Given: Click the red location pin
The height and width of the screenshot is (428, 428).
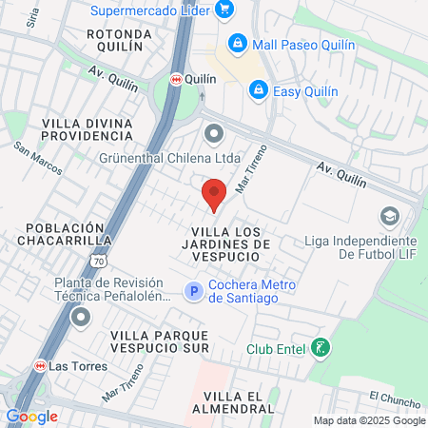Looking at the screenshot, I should pos(214,195).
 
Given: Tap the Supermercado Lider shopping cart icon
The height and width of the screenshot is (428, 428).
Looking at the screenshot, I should pos(224,10).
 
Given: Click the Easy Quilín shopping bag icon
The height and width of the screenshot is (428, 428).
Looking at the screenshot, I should pos(257,89).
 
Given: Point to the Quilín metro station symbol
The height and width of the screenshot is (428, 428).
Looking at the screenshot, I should pos(176,81).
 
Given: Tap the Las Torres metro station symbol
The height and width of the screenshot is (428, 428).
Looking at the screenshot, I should pos(41,366).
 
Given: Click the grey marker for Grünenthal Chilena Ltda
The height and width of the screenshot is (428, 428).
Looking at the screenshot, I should pos(213,134).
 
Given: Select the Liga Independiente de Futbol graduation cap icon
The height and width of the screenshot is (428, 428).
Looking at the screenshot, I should pos(388,217).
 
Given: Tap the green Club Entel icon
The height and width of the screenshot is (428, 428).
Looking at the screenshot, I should pos(321,348).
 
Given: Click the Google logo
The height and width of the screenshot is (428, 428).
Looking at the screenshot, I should pos(31,416).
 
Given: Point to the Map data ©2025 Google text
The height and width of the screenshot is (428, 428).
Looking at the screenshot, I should pos(370,420).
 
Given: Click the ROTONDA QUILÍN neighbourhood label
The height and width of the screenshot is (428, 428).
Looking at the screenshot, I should pos(114,40).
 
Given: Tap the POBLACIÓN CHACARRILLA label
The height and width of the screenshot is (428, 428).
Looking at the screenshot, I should pos(64,235).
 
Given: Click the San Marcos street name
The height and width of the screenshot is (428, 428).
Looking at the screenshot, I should pos(38,159).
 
